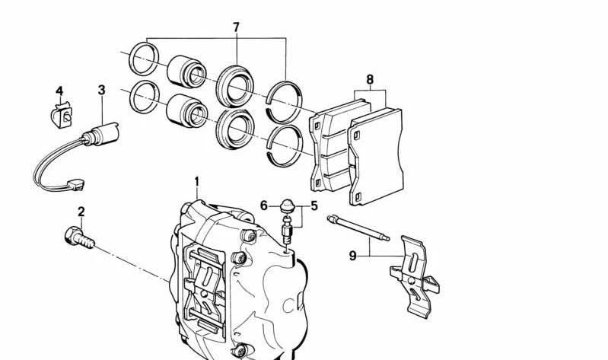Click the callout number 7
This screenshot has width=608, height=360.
point(236,27)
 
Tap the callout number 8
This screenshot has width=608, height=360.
point(370,79)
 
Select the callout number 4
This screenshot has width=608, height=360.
point(60,92)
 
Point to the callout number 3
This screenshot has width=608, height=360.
point(101,91)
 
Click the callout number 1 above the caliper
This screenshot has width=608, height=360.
point(196,182)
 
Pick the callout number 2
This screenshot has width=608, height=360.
point(81,212)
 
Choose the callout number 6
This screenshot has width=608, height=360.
point(264,205)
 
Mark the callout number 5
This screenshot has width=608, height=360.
point(314,205)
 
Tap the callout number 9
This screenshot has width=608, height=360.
point(352,256)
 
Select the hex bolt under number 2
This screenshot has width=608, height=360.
point(78,237)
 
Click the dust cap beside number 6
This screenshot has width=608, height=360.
point(288,205)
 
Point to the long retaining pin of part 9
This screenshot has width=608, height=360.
point(358,230)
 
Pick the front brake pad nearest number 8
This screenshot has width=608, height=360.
point(375,156)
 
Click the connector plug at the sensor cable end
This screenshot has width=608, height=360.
point(75,184)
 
